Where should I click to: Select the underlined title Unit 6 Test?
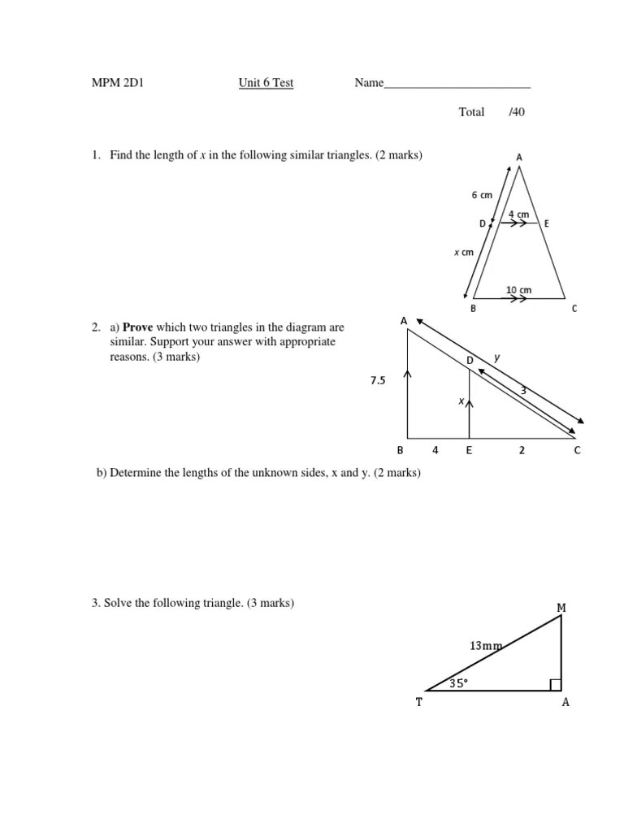point(266,83)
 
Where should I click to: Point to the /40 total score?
point(517,112)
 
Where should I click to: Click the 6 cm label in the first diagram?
point(482,195)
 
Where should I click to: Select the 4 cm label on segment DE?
point(518,214)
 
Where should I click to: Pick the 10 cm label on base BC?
point(518,290)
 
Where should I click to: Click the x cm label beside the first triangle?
point(463,253)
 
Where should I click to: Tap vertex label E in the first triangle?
point(547,223)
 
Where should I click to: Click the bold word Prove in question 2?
point(137,327)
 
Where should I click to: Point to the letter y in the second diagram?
point(497,357)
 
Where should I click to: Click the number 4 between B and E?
point(435,450)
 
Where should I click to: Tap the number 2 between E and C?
point(522,450)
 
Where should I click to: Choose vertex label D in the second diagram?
point(469,359)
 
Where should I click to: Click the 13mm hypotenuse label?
point(486,646)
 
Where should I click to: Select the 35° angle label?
point(459,683)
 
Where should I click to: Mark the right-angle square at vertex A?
point(556,686)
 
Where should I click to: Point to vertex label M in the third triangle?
point(561,607)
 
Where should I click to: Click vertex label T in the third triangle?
point(419,703)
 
